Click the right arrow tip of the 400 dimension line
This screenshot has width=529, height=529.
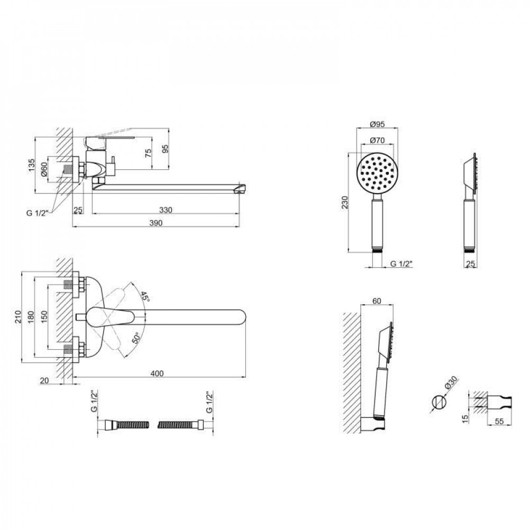click(x=245, y=377)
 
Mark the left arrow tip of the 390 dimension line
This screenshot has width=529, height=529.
click(x=73, y=227)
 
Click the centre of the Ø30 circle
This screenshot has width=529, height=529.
click(x=439, y=402)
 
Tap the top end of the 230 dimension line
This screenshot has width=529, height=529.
click(x=348, y=153)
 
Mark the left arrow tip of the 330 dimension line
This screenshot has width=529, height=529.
click(x=92, y=214)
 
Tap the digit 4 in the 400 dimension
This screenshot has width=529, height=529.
click(x=153, y=373)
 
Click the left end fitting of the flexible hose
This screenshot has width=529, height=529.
click(x=110, y=424)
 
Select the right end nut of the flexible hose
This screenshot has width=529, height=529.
click(x=199, y=424)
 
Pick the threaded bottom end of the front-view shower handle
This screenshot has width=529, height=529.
click(x=378, y=251)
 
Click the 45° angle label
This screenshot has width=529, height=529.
click(x=145, y=297)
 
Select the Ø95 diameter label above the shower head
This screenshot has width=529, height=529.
click(x=377, y=124)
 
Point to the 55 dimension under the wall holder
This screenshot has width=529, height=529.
click(x=499, y=421)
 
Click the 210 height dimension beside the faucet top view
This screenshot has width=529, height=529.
click(x=18, y=316)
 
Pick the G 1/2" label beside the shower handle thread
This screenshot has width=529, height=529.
click(x=402, y=264)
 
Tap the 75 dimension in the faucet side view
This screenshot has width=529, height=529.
click(x=148, y=153)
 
